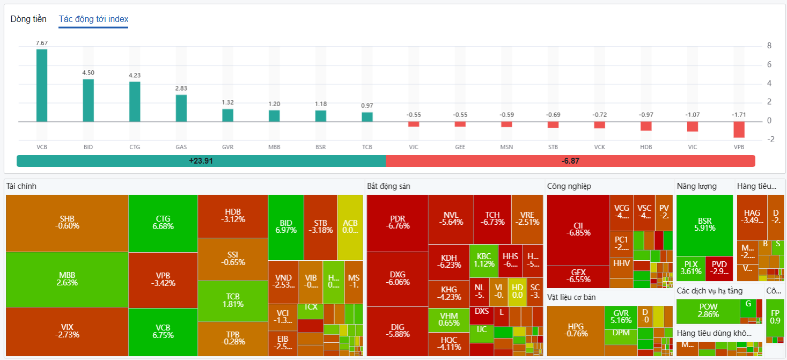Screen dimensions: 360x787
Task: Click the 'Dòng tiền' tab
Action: click(x=28, y=19)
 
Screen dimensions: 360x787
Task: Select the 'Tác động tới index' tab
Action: click(x=93, y=19)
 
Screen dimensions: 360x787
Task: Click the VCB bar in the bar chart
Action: click(x=42, y=85)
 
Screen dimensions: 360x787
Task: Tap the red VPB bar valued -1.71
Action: click(x=739, y=129)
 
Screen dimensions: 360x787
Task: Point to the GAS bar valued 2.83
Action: click(x=181, y=108)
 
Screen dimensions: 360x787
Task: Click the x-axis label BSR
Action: click(x=320, y=146)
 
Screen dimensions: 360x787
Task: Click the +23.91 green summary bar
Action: click(x=201, y=161)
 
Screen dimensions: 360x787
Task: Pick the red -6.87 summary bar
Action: click(x=570, y=161)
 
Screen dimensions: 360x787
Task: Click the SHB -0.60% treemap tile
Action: click(x=67, y=223)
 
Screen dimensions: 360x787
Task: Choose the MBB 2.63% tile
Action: click(x=67, y=279)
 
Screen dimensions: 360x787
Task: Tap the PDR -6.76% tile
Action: click(x=398, y=223)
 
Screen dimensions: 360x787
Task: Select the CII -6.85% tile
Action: click(x=578, y=229)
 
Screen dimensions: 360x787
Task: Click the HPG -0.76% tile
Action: click(x=575, y=330)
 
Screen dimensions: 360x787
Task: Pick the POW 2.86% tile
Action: click(x=708, y=311)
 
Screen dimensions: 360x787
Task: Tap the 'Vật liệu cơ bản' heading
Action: click(x=571, y=297)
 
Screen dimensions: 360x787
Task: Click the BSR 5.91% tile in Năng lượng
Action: click(x=704, y=224)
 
